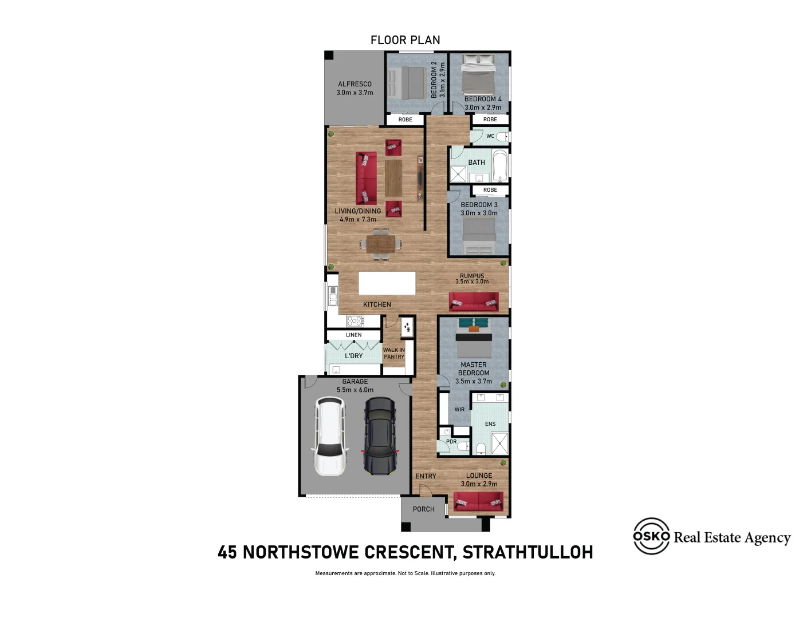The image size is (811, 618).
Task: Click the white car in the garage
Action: [x=330, y=437]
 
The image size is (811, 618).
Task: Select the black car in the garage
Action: [x=380, y=437]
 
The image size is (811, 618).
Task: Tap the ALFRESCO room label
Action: [x=355, y=84]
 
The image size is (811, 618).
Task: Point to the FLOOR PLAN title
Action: [x=405, y=40]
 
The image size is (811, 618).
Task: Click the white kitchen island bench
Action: [x=387, y=283]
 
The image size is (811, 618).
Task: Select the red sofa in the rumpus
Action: [x=474, y=302]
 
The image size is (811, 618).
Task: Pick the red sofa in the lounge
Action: [x=478, y=502]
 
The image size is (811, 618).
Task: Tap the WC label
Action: [x=490, y=136]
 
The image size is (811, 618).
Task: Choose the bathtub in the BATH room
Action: [x=500, y=164]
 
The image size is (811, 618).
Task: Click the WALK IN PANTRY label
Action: [x=394, y=354]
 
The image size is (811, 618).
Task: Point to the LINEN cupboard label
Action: [x=353, y=335]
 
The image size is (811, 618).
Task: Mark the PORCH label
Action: [x=423, y=509]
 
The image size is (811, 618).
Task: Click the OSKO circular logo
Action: [x=651, y=536]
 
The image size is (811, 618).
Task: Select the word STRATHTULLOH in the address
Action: [x=527, y=552]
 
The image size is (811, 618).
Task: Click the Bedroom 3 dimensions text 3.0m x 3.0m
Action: [x=479, y=213]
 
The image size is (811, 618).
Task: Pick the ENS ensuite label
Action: [x=490, y=424]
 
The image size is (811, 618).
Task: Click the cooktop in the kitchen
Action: [x=355, y=320]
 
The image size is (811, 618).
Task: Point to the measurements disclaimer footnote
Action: [x=405, y=573]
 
